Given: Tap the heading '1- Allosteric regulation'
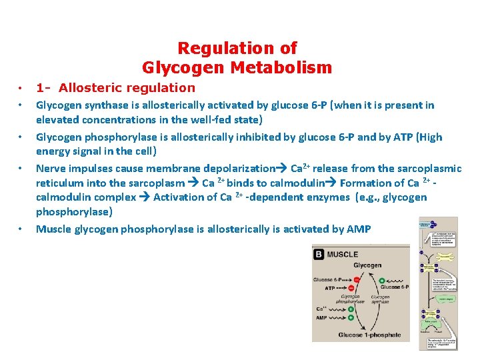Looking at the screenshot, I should pyautogui.click(x=115, y=87).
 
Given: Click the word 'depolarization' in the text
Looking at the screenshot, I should pyautogui.click(x=239, y=169).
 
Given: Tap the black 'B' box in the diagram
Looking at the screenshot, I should pyautogui.click(x=319, y=254).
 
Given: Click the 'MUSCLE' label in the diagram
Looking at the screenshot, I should pyautogui.click(x=343, y=254).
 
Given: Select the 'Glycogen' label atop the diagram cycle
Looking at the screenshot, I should pyautogui.click(x=367, y=265).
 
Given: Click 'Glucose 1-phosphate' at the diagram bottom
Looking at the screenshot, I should pyautogui.click(x=369, y=335).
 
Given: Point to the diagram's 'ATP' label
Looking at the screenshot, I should pyautogui.click(x=330, y=289).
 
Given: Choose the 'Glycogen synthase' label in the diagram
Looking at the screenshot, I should pyautogui.click(x=381, y=300).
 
